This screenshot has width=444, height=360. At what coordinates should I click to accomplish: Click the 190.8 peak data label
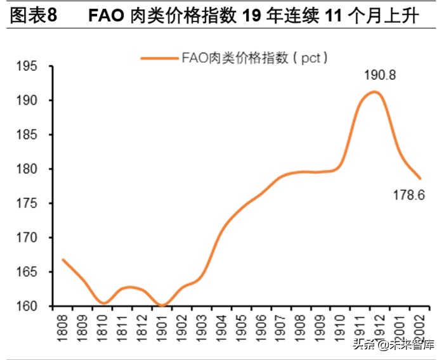(380, 75)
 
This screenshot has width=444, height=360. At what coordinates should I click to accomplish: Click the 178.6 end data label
(408, 196)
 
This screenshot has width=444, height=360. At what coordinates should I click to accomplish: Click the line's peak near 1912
(375, 92)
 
